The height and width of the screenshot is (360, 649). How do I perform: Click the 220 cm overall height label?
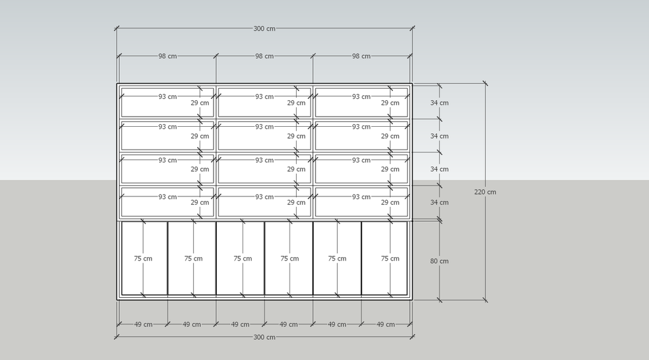point(485,192)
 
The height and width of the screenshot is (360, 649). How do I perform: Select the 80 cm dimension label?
point(439,261)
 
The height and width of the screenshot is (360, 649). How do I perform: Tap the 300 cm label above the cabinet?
point(264,29)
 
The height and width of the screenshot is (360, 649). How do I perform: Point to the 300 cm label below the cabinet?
point(264,337)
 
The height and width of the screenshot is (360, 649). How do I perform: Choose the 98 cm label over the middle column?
point(264,56)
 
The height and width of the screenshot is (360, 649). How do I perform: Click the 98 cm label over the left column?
point(167,56)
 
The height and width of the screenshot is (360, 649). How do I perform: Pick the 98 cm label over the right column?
point(361,56)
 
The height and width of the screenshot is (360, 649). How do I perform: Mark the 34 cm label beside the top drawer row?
point(439,103)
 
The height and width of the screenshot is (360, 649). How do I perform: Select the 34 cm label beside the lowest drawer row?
point(439,202)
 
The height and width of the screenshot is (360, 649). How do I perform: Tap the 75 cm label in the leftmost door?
point(143,259)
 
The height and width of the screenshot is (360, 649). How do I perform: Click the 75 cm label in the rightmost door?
point(390,259)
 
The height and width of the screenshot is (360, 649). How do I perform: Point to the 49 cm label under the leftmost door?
point(143,325)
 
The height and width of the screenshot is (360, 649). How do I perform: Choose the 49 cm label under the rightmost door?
point(386,325)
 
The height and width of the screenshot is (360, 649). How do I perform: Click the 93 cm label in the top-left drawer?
point(167,96)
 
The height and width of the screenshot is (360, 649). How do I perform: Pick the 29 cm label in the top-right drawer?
point(390,103)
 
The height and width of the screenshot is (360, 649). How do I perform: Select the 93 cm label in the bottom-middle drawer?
point(264,197)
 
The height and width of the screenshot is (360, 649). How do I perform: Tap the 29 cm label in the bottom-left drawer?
point(200,202)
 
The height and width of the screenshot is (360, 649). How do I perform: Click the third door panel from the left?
point(240,258)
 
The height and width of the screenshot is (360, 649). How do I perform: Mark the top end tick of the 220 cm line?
point(485,83)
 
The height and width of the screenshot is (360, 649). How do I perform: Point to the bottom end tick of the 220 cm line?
point(485,300)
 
